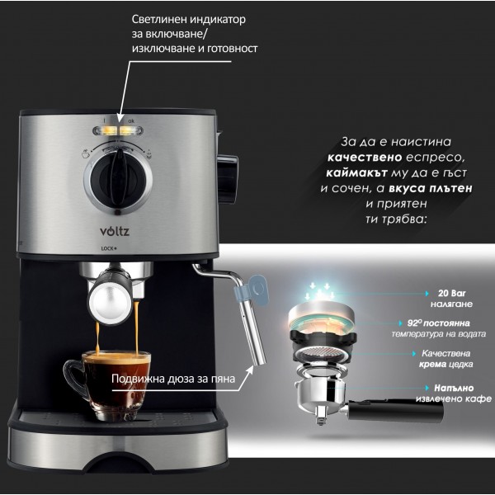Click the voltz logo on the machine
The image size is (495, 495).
(115, 231)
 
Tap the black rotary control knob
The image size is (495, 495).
(118, 177)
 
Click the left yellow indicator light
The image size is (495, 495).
(106, 130)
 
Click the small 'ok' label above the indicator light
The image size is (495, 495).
(131, 120)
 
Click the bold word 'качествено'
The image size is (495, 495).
(365, 158)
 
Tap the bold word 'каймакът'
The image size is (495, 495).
(356, 172)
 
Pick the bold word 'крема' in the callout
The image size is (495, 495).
(432, 365)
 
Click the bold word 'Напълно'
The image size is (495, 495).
(454, 388)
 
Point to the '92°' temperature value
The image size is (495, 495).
(414, 323)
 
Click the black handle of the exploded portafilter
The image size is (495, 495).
(395, 409)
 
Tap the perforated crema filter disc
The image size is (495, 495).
(323, 352)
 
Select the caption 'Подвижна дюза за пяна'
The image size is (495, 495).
(173, 379)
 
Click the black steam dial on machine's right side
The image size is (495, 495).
(228, 178)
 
